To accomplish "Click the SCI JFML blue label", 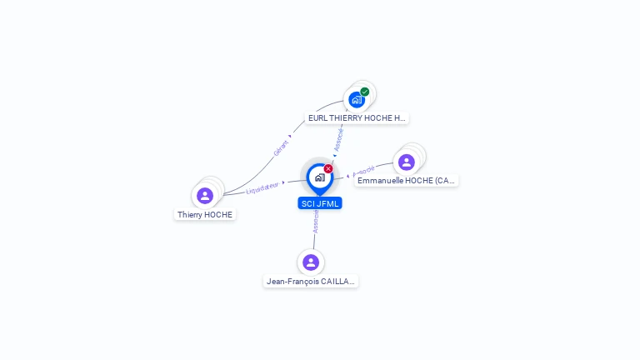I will click(320, 203).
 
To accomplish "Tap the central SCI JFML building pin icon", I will click(319, 177).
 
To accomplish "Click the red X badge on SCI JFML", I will click(328, 168).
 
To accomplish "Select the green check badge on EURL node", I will click(365, 92).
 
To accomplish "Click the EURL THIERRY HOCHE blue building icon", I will click(357, 100).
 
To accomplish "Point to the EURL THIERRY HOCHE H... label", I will click(357, 118).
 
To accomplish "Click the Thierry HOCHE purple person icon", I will click(205, 196).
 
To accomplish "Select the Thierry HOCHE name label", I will click(205, 215).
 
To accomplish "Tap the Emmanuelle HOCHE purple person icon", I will click(407, 162).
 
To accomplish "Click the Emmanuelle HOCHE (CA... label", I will click(407, 181).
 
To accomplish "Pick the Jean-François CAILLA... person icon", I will click(311, 262).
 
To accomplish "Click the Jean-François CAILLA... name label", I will click(311, 282).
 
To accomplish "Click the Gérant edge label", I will click(281, 147).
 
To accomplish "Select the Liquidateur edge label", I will click(262, 188).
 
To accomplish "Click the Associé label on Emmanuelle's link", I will click(364, 171).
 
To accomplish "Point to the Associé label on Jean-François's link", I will click(316, 220).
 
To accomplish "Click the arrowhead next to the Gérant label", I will click(290, 136).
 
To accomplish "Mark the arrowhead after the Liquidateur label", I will click(283, 183).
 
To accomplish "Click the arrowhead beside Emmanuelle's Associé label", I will click(347, 176).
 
